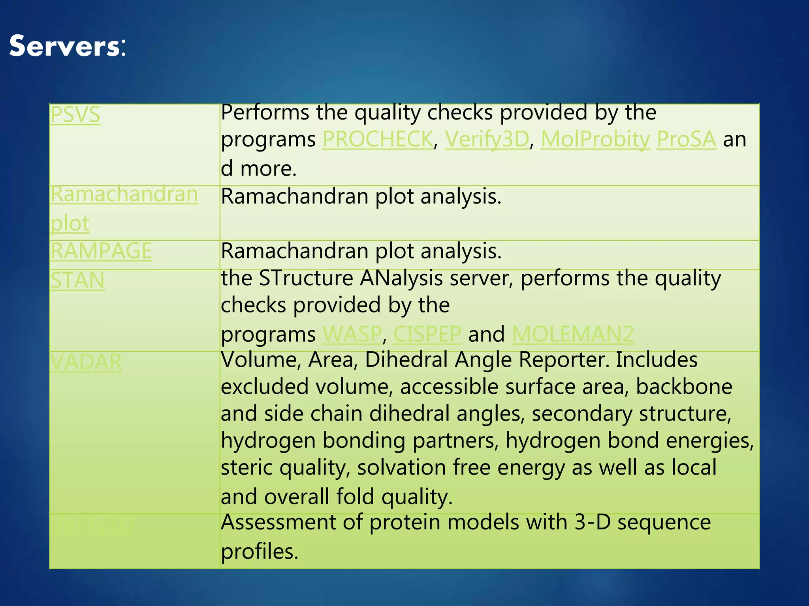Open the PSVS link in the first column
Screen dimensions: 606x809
(75, 115)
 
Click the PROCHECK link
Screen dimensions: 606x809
(378, 139)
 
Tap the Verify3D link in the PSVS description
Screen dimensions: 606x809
(487, 139)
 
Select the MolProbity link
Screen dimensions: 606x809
(595, 139)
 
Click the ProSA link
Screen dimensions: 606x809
(686, 139)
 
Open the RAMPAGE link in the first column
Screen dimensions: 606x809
(101, 251)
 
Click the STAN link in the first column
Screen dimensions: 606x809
(77, 281)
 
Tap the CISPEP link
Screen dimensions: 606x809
(427, 334)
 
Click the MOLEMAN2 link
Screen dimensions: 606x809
(572, 334)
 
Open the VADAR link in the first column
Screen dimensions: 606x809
(86, 362)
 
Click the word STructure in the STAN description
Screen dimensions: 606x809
(306, 278)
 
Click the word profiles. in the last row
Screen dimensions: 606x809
(259, 552)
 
